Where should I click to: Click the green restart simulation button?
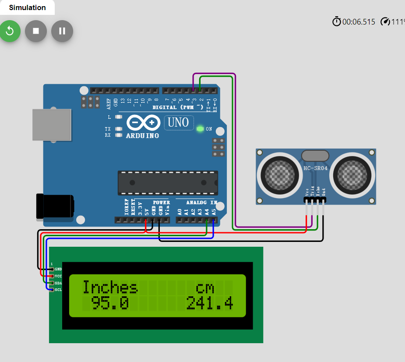(10, 31)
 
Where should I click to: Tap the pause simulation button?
(62, 31)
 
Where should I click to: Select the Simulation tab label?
(27, 7)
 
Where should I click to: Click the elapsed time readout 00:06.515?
(359, 21)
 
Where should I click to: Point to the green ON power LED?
(201, 129)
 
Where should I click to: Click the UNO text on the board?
(178, 122)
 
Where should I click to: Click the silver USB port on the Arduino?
(52, 125)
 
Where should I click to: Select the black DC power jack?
(55, 206)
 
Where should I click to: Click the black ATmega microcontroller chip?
(168, 183)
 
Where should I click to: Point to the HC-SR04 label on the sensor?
(315, 168)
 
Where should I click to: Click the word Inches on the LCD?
(110, 287)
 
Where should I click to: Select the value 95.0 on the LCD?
(110, 303)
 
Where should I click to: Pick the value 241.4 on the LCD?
(209, 303)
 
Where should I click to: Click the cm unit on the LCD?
(204, 288)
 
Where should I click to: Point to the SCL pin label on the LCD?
(58, 290)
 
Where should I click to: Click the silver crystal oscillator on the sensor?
(315, 156)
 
